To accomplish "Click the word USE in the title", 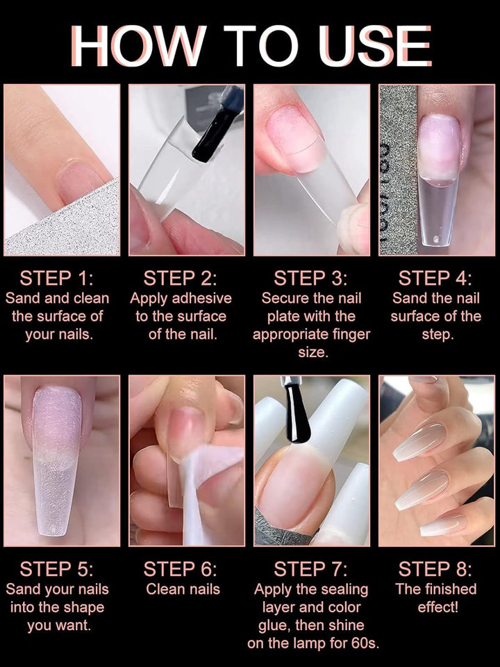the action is click(374, 46).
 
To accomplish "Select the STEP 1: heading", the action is click(56, 279).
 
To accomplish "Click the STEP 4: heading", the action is click(435, 279).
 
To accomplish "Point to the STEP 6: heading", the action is click(181, 570).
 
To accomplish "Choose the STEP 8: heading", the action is click(435, 570).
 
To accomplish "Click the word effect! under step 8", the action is click(438, 607).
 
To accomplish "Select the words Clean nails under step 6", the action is click(183, 589).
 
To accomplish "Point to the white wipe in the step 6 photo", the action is click(200, 489).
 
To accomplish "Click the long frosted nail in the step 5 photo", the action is click(57, 459).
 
